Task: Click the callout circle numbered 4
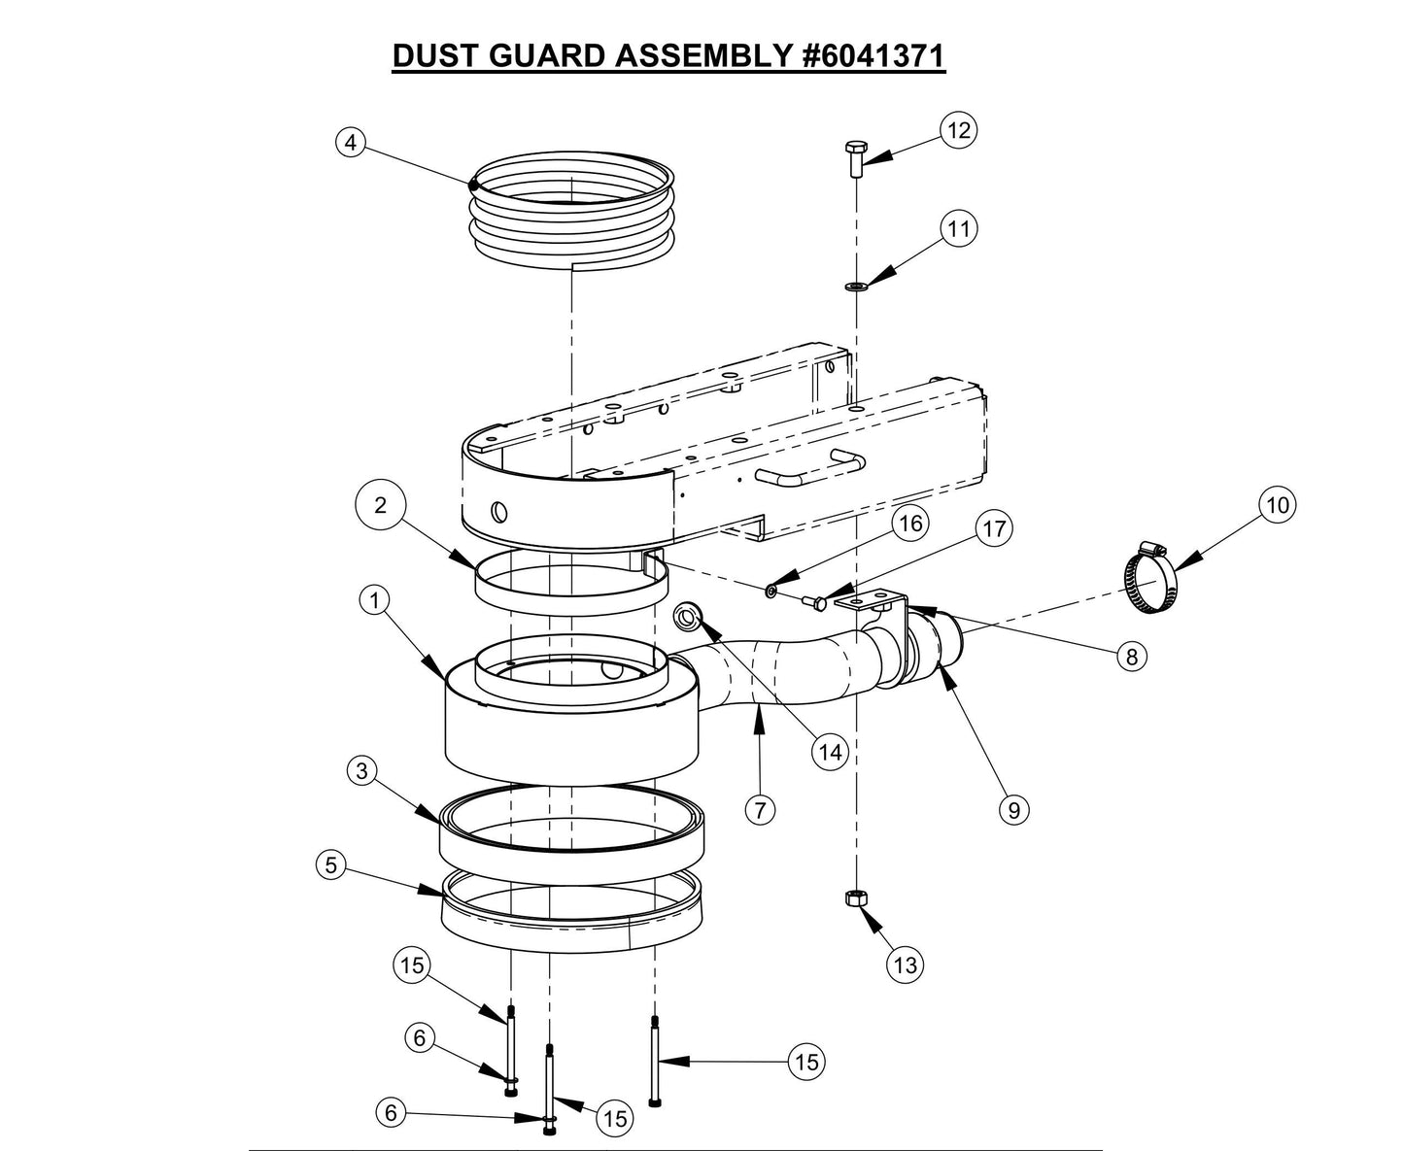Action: click(350, 143)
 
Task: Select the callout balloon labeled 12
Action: click(958, 130)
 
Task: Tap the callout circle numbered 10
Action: click(1278, 505)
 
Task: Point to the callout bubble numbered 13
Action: click(905, 965)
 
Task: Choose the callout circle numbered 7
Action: click(760, 809)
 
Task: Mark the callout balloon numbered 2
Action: click(380, 504)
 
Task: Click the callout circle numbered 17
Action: click(993, 528)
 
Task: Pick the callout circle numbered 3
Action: click(361, 771)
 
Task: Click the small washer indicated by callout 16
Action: click(770, 591)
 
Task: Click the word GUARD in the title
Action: click(537, 55)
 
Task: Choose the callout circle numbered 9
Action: click(1013, 809)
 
